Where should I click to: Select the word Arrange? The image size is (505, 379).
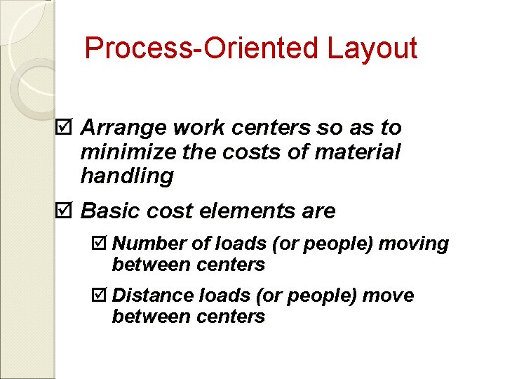[x=116, y=128]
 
